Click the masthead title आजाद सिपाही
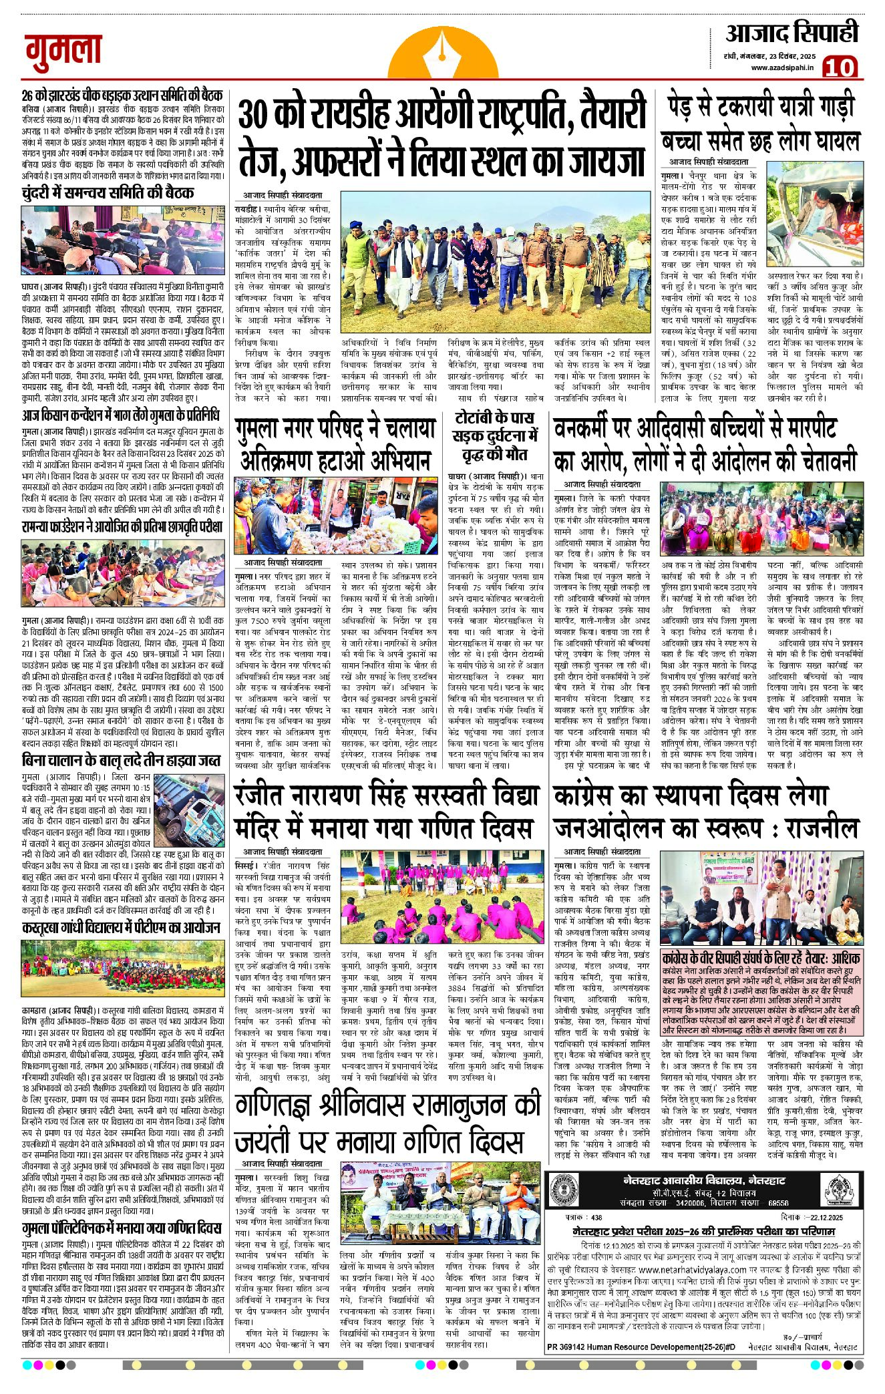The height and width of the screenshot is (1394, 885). pos(791,33)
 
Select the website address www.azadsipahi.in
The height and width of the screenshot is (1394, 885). pos(782,67)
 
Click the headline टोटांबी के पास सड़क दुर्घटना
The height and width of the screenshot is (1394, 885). pos(494,436)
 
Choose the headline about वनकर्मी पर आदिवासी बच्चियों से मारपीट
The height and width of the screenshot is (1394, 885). pos(705,444)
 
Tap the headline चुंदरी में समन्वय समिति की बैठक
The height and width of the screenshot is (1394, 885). pos(108,193)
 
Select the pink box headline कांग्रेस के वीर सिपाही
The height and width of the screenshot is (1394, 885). pos(761,957)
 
